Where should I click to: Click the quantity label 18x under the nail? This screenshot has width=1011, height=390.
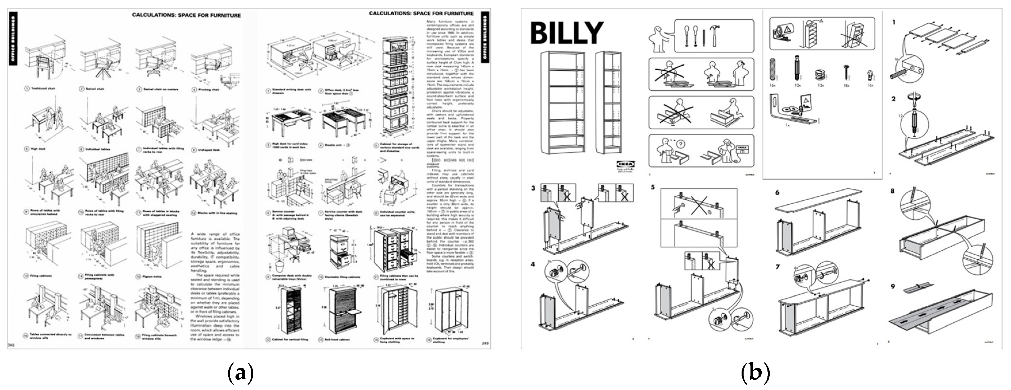click(846, 85)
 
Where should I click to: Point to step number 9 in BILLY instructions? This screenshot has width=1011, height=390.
click(893, 286)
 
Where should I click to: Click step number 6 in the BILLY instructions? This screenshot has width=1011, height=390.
click(777, 193)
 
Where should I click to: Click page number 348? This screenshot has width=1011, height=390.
click(11, 345)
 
